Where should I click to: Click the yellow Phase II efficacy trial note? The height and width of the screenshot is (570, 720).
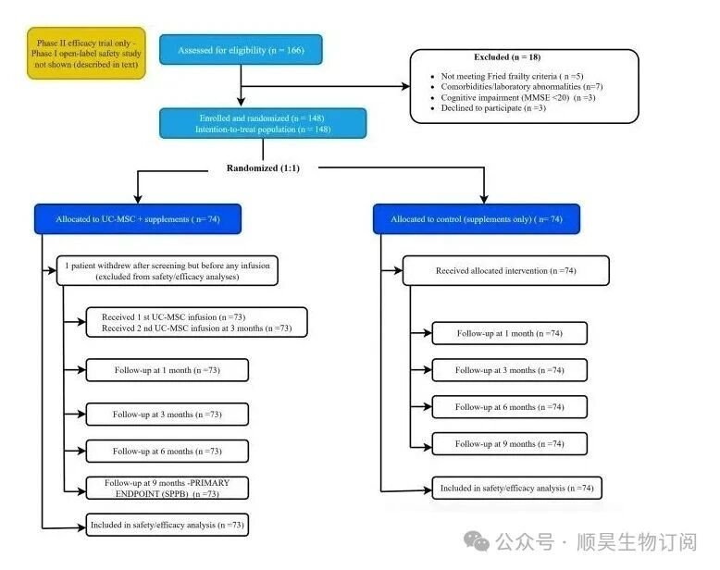tap(86, 54)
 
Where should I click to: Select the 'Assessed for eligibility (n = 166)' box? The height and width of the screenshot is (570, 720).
tap(241, 50)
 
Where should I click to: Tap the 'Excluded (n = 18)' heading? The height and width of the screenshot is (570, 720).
tap(507, 57)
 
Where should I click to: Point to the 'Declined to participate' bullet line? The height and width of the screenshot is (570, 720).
tap(493, 108)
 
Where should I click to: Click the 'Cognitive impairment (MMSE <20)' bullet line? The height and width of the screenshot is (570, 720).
tap(518, 97)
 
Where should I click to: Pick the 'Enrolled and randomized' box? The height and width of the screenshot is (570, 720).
tap(263, 123)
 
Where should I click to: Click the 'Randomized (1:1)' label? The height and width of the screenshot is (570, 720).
tap(263, 168)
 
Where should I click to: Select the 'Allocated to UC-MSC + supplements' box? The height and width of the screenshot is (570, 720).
tap(138, 219)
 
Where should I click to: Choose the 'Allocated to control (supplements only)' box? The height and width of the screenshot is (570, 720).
tap(477, 219)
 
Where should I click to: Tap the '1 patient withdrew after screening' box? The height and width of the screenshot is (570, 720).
tap(168, 271)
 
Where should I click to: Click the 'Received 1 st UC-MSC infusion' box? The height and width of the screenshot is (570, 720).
tap(196, 322)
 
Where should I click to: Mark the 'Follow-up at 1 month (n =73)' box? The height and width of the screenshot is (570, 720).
tap(168, 370)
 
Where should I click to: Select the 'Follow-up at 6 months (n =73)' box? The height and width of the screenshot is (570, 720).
tap(168, 452)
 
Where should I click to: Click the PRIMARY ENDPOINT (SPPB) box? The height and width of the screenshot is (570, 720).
tap(168, 488)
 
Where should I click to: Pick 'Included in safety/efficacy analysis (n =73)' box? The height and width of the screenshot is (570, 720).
tap(168, 525)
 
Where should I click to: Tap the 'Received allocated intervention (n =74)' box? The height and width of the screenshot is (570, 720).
tap(506, 271)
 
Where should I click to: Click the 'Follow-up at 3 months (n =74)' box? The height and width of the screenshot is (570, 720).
tap(510, 370)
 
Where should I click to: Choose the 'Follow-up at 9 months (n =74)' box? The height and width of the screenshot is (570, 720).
tap(510, 444)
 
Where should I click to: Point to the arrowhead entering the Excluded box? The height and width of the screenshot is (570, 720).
tap(406, 86)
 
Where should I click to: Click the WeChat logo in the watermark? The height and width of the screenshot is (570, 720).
tap(477, 541)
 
